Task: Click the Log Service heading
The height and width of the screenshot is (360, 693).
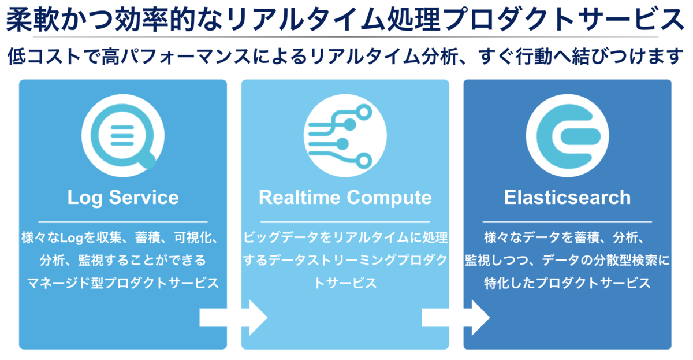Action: (123, 198)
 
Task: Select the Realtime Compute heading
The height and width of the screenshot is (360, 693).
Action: (345, 198)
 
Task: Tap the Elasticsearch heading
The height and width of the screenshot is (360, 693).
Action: (567, 198)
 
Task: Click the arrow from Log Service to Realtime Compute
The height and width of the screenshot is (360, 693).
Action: (234, 317)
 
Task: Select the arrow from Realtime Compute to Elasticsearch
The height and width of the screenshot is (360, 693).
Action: (456, 317)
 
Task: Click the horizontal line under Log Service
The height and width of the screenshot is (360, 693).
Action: (123, 222)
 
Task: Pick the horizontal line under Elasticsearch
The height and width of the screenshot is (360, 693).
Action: (567, 222)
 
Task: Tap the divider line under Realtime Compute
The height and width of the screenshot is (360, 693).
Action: (345, 222)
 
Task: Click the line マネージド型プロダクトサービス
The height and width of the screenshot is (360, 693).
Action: (123, 284)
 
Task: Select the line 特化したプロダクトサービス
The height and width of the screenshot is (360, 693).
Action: (567, 284)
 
